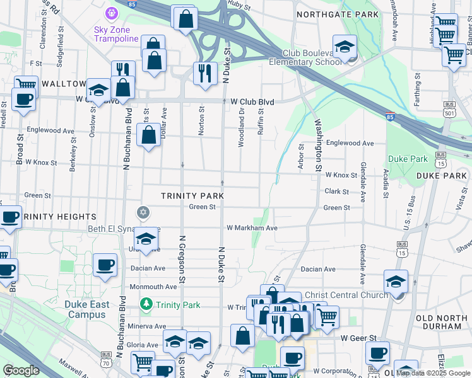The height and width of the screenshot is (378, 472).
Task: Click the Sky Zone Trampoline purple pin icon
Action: point(112,11)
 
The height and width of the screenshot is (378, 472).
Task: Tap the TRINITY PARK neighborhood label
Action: point(192,196)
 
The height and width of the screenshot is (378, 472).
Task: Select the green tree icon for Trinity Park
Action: point(146,305)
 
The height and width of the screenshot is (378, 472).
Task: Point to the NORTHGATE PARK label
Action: point(338,14)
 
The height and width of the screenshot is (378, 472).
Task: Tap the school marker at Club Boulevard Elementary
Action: point(345,47)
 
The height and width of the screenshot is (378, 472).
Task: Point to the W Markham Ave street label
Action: point(252,227)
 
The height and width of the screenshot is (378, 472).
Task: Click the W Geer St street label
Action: point(358,338)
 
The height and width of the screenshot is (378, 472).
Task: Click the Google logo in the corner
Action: point(21,370)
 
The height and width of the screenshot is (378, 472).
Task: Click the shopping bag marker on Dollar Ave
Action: point(148,135)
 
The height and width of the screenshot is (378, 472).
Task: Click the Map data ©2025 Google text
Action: point(433,374)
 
